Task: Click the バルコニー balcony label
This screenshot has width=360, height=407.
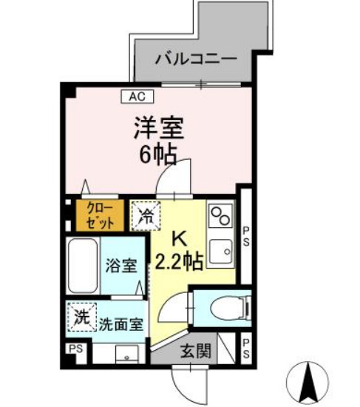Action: [x=195, y=58]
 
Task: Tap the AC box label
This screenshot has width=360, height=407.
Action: [x=136, y=96]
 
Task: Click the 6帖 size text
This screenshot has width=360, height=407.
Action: [x=158, y=154]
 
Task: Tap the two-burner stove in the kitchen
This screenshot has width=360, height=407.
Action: [x=220, y=216]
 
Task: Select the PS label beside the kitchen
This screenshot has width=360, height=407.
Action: [x=247, y=235]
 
